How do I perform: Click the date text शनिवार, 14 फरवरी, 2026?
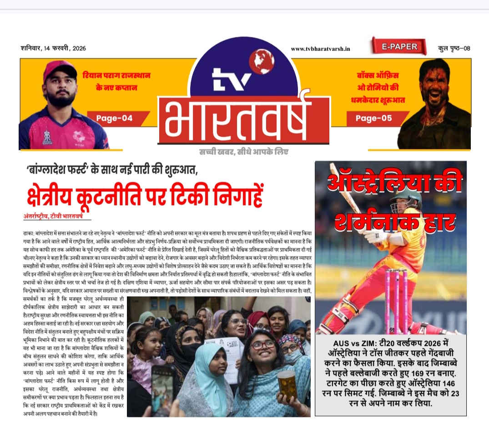(53, 48)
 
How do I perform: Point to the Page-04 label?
(114, 118)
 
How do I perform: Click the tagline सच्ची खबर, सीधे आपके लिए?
(243, 152)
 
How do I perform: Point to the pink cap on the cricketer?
(59, 70)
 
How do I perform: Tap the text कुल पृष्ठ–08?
(454, 48)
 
